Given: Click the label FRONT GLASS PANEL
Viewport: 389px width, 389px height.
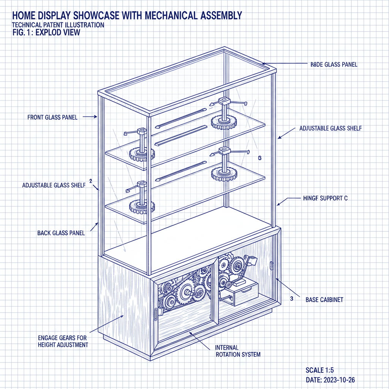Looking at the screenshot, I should tap(52, 117).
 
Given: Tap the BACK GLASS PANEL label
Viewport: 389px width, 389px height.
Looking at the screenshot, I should tap(61, 233).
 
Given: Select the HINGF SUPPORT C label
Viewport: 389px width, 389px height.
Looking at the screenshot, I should tap(325, 198).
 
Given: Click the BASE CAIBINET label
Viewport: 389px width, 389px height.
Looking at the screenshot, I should tap(324, 300).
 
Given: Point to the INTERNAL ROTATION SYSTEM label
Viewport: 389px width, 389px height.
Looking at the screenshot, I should tap(237, 351).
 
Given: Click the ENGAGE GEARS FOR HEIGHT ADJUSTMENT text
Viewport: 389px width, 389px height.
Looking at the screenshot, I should tap(63, 341).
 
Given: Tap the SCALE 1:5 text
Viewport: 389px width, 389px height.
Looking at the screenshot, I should tap(319, 370).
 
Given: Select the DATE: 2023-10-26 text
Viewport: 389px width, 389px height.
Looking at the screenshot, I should tap(330, 380).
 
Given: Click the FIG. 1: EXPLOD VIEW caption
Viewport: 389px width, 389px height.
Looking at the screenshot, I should tap(46, 32).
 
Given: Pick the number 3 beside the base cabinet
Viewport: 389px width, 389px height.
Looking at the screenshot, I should tap(291, 299).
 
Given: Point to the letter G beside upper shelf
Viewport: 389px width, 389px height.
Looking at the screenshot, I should tap(259, 158).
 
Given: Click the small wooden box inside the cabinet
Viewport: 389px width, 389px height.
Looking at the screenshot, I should tap(242, 293).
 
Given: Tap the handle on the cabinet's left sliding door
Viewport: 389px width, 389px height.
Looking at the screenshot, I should tap(156, 314).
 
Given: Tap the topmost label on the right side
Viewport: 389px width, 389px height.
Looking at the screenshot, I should tap(331, 65).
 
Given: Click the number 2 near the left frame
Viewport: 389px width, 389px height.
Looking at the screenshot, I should tap(90, 181).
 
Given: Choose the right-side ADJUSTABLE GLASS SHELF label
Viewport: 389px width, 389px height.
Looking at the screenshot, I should tap(330, 128).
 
